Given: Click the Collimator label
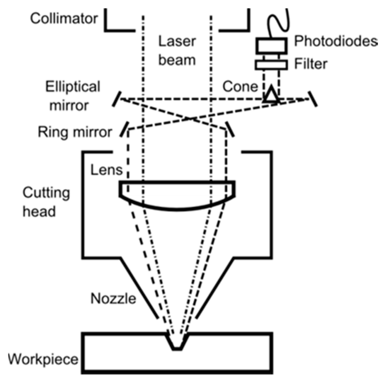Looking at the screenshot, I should [64, 18].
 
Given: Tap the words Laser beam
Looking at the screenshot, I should [177, 50].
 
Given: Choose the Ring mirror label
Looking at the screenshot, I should [75, 133].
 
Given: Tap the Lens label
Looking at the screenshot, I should [106, 170].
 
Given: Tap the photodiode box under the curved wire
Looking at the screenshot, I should [271, 45].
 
